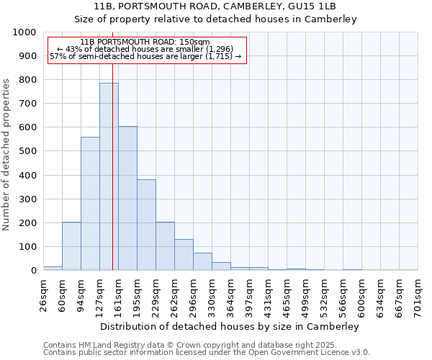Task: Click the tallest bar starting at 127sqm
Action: [109, 176]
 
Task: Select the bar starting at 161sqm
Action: [127, 198]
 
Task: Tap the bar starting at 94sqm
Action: [90, 204]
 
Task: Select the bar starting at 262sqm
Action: [184, 255]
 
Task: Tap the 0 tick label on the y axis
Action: [33, 271]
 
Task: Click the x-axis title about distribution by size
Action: [230, 326]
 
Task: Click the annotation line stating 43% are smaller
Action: [147, 49]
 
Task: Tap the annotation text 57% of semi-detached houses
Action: [147, 56]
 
